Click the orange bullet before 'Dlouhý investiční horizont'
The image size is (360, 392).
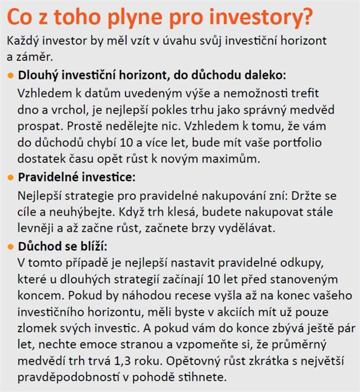(11, 75)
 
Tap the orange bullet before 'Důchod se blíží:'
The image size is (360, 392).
(11, 247)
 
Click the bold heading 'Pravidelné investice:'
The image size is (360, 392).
(77, 177)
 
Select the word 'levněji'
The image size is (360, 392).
(38, 228)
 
